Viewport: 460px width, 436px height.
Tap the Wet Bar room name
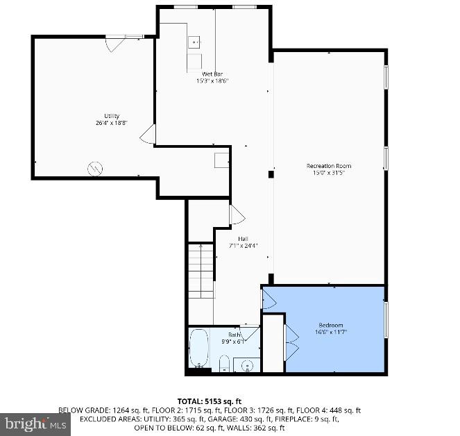pos(212,74)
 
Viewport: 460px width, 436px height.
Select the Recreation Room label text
pos(329,166)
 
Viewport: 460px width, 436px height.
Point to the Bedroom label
pos(330,325)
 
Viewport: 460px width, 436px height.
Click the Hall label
pos(244,239)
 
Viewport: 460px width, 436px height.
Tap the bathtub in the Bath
pos(198,349)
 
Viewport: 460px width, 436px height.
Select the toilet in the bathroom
pos(224,363)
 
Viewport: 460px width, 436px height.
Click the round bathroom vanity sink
pos(247,364)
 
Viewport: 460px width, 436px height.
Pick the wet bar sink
pos(194,41)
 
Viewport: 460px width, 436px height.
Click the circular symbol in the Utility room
pos(95,168)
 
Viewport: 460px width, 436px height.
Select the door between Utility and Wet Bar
pos(148,135)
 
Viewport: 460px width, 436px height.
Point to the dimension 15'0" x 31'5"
pos(329,173)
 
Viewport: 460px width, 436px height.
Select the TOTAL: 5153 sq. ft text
pos(209,401)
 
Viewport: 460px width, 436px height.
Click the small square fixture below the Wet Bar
pos(221,160)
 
